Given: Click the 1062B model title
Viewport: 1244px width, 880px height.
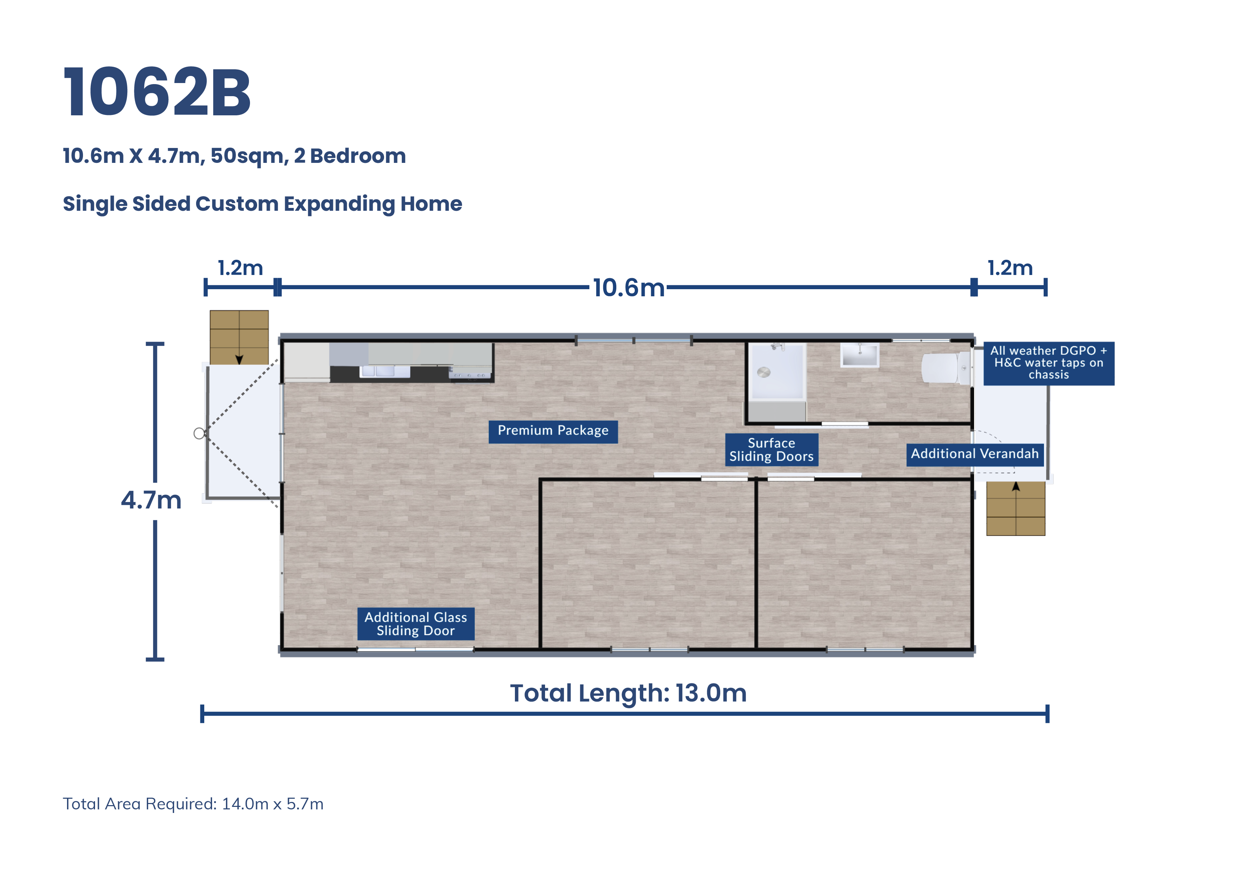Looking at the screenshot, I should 157,92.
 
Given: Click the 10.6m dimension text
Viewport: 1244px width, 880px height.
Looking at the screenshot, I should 628,288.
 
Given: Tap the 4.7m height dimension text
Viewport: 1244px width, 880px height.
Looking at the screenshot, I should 151,500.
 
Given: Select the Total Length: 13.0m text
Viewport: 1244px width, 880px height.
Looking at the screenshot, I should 628,693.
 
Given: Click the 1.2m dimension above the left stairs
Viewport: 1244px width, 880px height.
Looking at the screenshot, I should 240,268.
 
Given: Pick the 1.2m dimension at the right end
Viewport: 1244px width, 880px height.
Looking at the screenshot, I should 1010,268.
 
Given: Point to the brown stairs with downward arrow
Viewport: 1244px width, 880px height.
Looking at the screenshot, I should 239,337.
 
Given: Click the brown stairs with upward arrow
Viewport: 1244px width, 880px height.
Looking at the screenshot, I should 1015,508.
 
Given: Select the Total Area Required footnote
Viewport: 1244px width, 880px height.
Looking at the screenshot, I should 193,804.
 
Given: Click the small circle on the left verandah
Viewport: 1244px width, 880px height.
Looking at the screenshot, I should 199,433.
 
